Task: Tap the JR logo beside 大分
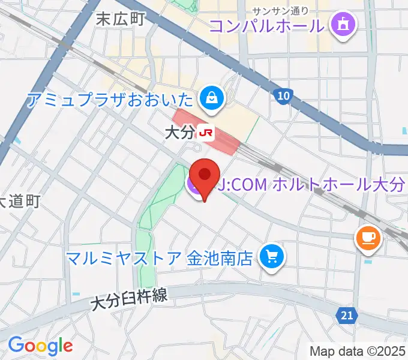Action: [x=206, y=133]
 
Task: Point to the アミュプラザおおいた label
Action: [x=111, y=99]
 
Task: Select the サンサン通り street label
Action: [x=280, y=10]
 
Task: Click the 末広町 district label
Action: [x=121, y=19]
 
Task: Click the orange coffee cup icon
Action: [x=368, y=238]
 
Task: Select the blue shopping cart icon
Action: [x=272, y=258]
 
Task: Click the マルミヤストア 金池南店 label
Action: [x=159, y=259]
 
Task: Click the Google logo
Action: [x=40, y=345]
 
